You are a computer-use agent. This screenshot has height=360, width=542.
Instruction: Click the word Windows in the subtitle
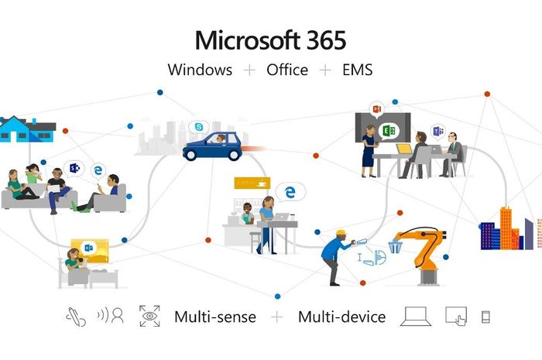pos(200,70)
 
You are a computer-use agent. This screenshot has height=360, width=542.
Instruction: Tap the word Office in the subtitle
pos(287,70)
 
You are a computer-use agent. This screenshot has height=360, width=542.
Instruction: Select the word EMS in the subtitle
pos(358,70)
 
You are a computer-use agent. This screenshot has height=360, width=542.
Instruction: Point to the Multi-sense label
pos(215,317)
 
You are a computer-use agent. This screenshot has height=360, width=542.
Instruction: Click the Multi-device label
pos(342,317)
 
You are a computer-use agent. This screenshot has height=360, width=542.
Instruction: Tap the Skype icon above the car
pos(199,127)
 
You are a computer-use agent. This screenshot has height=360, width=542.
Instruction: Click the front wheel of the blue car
pos(190,155)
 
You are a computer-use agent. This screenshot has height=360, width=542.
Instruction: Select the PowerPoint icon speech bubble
pos(377,109)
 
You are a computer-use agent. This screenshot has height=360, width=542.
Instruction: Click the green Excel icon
pos(389,131)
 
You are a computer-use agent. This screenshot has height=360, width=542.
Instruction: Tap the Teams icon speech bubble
pos(438,132)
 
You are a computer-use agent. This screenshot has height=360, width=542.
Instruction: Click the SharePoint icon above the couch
pos(74,168)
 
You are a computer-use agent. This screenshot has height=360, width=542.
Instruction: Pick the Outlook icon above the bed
pos(88,248)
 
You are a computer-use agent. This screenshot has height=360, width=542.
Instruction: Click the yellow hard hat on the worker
pos(341,232)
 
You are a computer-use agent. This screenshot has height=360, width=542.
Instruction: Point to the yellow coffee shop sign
pos(252,183)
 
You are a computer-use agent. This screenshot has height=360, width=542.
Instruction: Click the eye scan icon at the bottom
pos(149,316)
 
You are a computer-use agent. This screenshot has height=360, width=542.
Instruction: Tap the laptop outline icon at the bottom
pos(416,316)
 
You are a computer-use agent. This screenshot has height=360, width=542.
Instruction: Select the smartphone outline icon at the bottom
pos(485,317)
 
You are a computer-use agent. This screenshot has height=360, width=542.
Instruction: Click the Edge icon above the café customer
pos(290,192)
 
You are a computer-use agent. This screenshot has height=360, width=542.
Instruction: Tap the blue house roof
pos(15,122)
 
